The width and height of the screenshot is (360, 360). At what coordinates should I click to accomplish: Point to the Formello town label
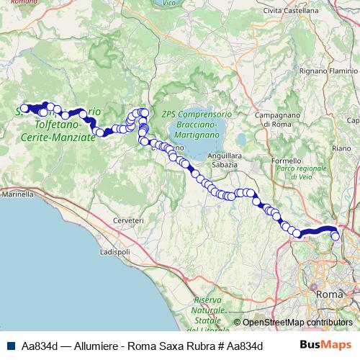coord(287,160)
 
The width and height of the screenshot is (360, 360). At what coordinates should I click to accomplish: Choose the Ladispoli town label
coord(114,253)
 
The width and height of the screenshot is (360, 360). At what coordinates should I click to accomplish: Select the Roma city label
coord(330,294)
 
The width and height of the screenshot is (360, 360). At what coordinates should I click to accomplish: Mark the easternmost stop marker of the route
coord(335,235)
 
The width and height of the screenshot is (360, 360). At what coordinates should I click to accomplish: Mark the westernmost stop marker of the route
coord(24,109)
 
